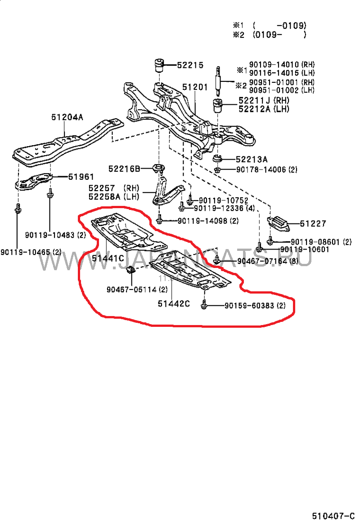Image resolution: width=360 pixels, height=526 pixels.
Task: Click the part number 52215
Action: click(190, 65)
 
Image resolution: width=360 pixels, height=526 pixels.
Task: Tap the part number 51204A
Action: click(67, 117)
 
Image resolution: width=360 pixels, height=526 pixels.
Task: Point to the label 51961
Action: click(81, 177)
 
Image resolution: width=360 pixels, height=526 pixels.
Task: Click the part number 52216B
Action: click(124, 169)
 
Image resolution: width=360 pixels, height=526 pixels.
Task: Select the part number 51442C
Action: click(173, 303)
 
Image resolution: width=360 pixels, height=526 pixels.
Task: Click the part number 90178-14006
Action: click(261, 170)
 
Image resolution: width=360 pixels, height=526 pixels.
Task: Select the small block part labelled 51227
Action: click(277, 223)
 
